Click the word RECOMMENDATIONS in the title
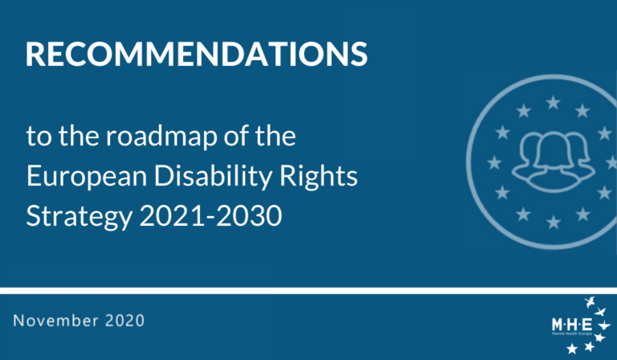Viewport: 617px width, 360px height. tap(196, 54)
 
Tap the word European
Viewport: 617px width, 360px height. tap(87, 177)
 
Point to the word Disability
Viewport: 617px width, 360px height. tap(213, 177)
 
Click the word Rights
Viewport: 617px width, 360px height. tap(318, 177)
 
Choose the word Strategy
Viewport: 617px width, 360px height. tap(79, 217)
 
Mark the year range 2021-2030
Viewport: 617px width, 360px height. tap(210, 215)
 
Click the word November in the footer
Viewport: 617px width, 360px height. tap(56, 321)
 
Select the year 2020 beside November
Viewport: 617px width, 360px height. tap(125, 321)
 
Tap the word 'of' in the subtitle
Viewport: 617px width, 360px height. tap(236, 136)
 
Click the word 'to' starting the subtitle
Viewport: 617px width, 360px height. tap(39, 137)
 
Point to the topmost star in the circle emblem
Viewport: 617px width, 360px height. tap(553, 103)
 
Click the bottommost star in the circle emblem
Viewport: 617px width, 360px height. tap(554, 223)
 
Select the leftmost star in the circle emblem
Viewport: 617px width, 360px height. tap(494, 162)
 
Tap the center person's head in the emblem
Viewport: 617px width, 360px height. tap(553, 150)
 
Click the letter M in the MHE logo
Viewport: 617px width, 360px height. tap(558, 325)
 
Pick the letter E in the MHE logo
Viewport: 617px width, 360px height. tap(586, 325)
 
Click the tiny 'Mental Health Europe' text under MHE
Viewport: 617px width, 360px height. tap(572, 333)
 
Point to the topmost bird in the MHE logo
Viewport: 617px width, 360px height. tap(590, 302)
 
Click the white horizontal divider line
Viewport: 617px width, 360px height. tap(308, 291)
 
